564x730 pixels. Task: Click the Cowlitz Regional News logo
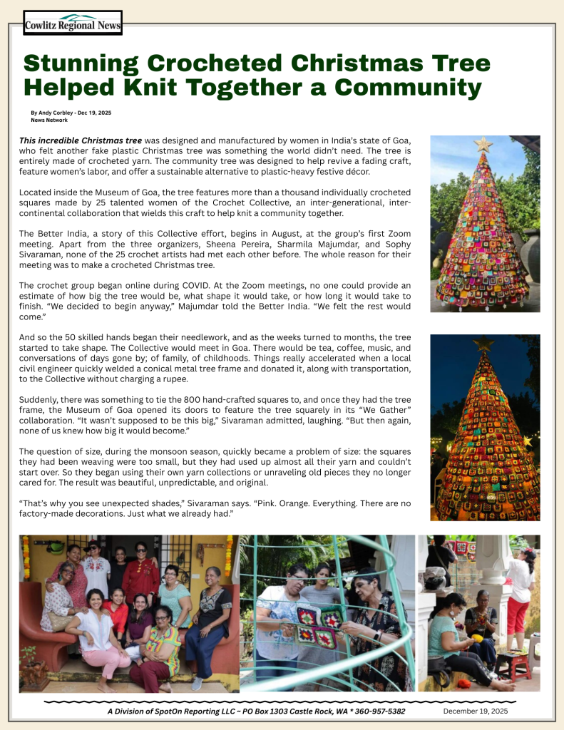pyautogui.click(x=73, y=24)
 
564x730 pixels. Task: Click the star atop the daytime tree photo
pyautogui.click(x=483, y=145)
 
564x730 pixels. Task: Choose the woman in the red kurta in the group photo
pyautogui.click(x=140, y=576)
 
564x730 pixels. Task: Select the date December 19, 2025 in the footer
pyautogui.click(x=476, y=711)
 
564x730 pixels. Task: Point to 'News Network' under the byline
pyautogui.click(x=49, y=120)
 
